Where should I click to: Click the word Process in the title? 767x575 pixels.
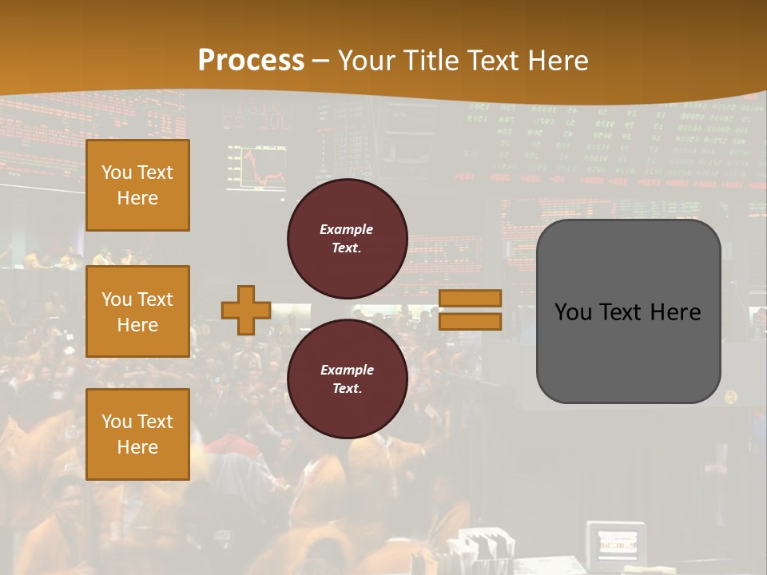click(x=251, y=61)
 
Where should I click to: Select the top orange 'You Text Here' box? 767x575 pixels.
click(x=137, y=185)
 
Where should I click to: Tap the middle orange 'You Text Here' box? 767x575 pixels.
click(x=137, y=311)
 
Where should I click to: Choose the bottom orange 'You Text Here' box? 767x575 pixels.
click(x=137, y=434)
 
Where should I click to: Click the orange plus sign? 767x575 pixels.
click(x=245, y=310)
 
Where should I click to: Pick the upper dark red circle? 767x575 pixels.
click(x=347, y=238)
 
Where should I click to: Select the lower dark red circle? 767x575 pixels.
click(x=347, y=379)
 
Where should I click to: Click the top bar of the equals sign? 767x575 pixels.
click(x=470, y=298)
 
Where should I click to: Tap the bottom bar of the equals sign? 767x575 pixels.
click(x=470, y=322)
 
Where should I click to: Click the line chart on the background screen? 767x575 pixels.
click(x=256, y=168)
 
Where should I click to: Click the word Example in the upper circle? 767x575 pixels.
click(x=347, y=229)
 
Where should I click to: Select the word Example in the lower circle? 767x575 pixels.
click(x=347, y=370)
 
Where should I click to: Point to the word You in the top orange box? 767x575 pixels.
click(x=116, y=172)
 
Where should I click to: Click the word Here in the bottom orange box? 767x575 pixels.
click(x=137, y=447)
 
